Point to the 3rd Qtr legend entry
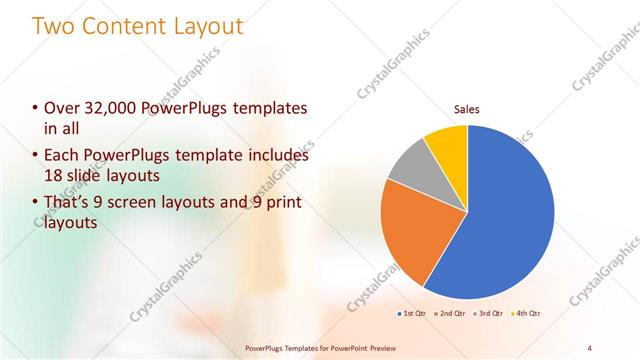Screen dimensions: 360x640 click(488, 313)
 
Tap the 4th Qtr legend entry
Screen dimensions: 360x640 click(525, 313)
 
